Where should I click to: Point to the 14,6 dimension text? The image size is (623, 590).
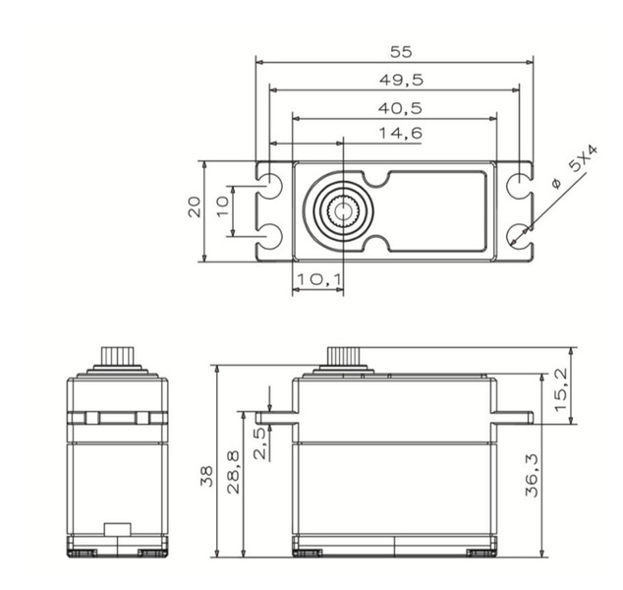pyautogui.click(x=401, y=134)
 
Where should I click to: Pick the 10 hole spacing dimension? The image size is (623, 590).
pyautogui.click(x=222, y=207)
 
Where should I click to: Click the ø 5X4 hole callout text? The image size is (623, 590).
pyautogui.click(x=573, y=169)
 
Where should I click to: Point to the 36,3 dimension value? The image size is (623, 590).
pyautogui.click(x=531, y=473)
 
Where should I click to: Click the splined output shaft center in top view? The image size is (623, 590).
pyautogui.click(x=341, y=209)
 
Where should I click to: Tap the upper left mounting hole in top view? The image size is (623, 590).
pyautogui.click(x=272, y=185)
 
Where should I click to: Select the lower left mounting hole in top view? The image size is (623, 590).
pyautogui.click(x=272, y=234)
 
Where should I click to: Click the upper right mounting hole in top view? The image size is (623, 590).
pyautogui.click(x=518, y=185)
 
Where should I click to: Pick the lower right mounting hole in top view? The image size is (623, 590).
pyautogui.click(x=518, y=234)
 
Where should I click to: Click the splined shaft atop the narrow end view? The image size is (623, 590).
pyautogui.click(x=117, y=355)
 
